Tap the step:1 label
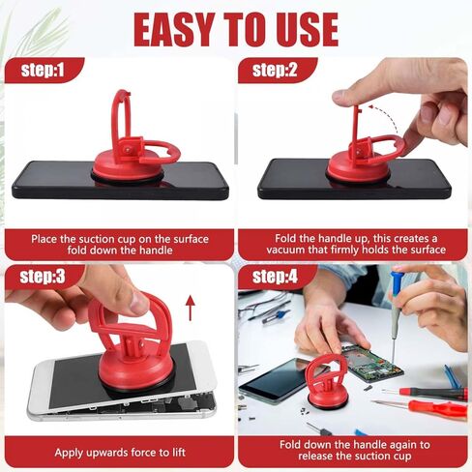[43, 70]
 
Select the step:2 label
[275, 70]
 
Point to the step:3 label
[43, 277]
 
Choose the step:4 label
[275, 277]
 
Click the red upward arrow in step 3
[191, 309]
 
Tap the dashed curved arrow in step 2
[384, 119]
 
